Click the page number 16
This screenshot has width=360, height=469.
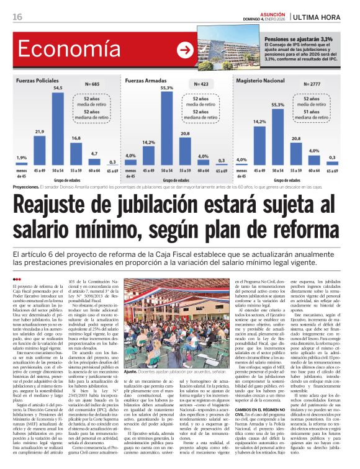point(16,17)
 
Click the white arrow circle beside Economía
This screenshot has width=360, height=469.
point(185,50)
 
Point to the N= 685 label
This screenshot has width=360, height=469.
point(91,83)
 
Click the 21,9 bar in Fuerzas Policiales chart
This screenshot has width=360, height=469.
point(40,149)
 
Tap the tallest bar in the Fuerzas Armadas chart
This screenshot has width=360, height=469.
point(167,128)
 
